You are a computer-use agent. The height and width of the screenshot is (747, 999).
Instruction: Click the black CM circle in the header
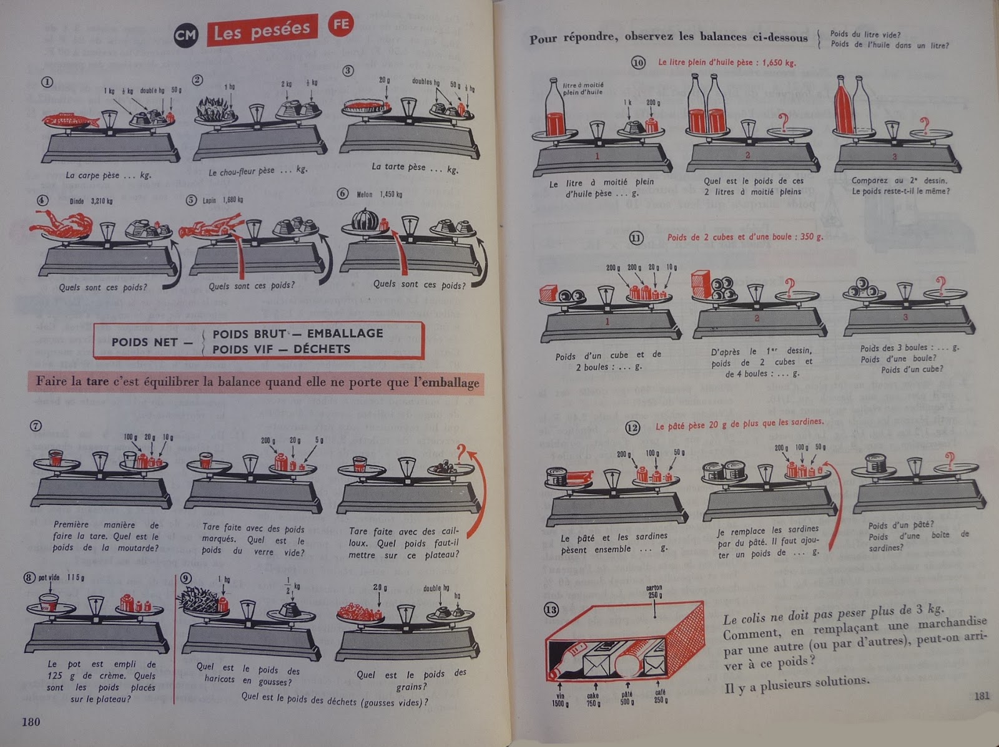pyautogui.click(x=185, y=36)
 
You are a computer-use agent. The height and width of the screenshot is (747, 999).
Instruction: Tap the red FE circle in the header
pyautogui.click(x=341, y=25)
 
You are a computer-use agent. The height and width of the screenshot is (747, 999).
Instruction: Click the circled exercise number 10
pyautogui.click(x=637, y=62)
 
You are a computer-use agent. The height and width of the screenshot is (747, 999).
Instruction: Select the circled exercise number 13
pyautogui.click(x=551, y=609)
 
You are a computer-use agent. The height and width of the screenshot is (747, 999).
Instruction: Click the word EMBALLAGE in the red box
pyautogui.click(x=345, y=333)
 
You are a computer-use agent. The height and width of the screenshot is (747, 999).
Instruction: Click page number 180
pyautogui.click(x=31, y=722)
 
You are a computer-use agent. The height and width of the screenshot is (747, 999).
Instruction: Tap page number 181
pyautogui.click(x=982, y=695)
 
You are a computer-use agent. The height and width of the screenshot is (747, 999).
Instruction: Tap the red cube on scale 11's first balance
pyautogui.click(x=549, y=291)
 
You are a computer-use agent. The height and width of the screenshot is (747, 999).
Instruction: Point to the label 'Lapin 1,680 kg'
pyautogui.click(x=223, y=200)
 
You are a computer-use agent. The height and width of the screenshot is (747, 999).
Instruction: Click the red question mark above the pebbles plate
pyautogui.click(x=462, y=454)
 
